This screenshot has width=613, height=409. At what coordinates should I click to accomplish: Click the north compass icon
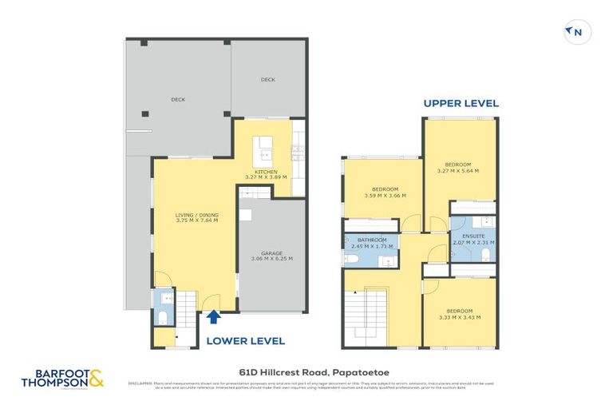(576, 32)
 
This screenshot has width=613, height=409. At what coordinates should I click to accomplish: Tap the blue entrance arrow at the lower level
(213, 318)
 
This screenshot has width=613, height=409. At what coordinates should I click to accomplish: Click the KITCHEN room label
(266, 172)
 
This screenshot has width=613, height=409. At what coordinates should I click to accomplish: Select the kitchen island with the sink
(263, 149)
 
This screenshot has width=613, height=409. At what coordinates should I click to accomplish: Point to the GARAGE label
(272, 252)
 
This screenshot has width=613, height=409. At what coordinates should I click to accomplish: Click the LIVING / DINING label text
(196, 215)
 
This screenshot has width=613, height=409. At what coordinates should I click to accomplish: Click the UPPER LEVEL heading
(461, 103)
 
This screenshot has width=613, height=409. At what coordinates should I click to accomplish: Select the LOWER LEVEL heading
(246, 340)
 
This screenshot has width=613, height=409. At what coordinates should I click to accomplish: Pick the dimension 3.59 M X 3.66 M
(385, 195)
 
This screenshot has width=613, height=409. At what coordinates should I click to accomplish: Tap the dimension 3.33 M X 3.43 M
(460, 317)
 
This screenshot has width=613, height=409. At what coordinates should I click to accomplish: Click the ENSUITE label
(473, 236)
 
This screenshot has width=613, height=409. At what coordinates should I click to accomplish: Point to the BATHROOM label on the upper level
(372, 240)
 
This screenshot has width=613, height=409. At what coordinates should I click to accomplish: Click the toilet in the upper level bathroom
(352, 259)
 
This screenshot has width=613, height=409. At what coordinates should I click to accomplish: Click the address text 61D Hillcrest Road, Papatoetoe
(306, 371)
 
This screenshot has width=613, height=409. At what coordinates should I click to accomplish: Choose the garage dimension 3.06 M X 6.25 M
(272, 259)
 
